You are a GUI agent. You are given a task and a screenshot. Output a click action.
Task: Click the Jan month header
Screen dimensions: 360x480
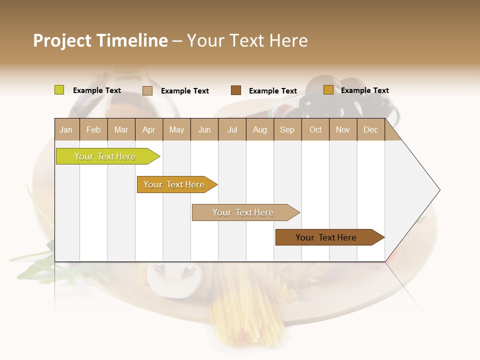click(x=66, y=130)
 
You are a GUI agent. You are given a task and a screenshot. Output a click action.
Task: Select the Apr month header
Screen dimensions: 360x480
click(x=149, y=130)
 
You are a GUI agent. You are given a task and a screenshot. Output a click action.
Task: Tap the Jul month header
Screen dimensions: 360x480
click(x=232, y=130)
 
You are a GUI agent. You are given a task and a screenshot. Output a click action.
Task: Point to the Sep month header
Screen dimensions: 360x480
click(x=287, y=130)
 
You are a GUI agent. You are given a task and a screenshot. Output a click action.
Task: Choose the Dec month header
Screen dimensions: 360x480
click(x=370, y=130)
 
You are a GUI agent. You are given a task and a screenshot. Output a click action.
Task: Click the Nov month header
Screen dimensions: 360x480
click(x=342, y=130)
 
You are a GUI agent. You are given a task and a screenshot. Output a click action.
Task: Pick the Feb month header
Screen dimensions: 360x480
click(x=93, y=130)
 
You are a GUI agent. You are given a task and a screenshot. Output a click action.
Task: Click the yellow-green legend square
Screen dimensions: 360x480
click(x=59, y=90)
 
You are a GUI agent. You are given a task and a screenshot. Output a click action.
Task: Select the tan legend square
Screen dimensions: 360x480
click(x=147, y=90)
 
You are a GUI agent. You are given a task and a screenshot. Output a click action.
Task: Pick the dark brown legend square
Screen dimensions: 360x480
click(x=236, y=90)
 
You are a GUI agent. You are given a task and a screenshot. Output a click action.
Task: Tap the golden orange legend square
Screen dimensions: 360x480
click(x=328, y=90)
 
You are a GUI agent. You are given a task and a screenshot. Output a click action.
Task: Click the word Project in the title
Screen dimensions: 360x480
click(x=62, y=40)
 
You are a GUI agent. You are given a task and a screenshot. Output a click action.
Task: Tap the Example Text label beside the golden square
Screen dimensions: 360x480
click(x=364, y=90)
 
